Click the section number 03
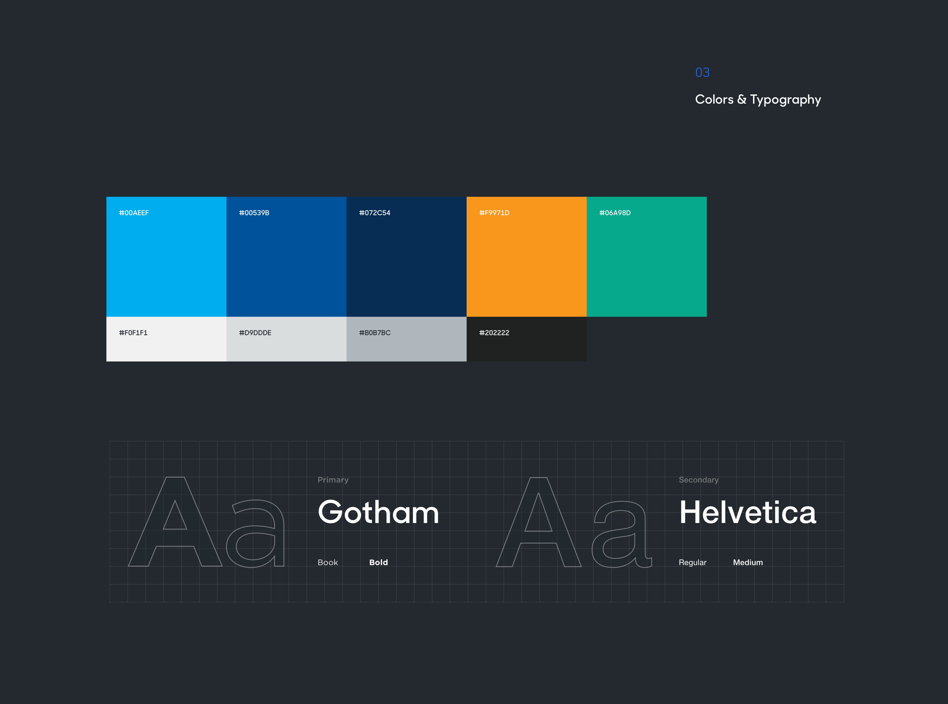pyautogui.click(x=702, y=72)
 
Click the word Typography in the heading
pyautogui.click(x=786, y=100)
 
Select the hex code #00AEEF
pyautogui.click(x=134, y=213)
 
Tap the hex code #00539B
pyautogui.click(x=254, y=213)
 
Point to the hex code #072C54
pyautogui.click(x=375, y=213)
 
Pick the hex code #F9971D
pyautogui.click(x=494, y=213)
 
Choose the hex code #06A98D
pyautogui.click(x=615, y=213)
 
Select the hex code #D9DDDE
pyautogui.click(x=255, y=333)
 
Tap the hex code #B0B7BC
pyautogui.click(x=375, y=333)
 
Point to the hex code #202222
pyautogui.click(x=494, y=333)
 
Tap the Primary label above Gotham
pyautogui.click(x=333, y=480)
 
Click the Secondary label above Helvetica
pyautogui.click(x=699, y=480)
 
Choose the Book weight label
pyautogui.click(x=328, y=562)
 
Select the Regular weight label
pyautogui.click(x=693, y=562)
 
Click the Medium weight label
pyautogui.click(x=748, y=562)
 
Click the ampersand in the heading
pyautogui.click(x=742, y=99)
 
